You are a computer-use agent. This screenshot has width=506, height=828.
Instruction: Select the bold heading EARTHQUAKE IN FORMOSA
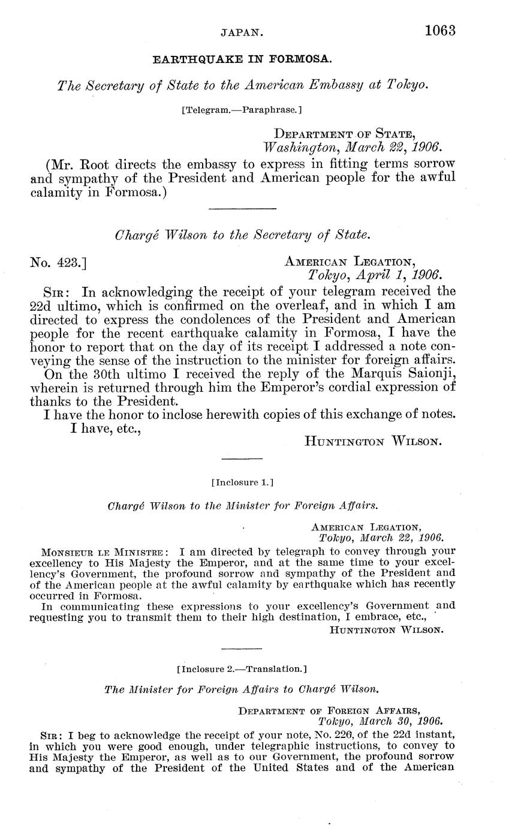[242, 60]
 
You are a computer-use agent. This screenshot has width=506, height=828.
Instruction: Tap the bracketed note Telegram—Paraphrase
[241, 110]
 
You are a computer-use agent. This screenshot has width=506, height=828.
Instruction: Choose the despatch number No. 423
[59, 262]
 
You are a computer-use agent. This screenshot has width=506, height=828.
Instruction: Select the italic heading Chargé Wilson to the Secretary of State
[241, 235]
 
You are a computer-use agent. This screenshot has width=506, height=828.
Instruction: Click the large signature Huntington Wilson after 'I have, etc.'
[374, 441]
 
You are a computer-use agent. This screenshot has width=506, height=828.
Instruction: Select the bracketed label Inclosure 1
[242, 482]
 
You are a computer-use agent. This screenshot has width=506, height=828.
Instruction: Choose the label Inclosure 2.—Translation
[242, 668]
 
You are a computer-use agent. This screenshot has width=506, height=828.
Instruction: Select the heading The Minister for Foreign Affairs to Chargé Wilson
[242, 690]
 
